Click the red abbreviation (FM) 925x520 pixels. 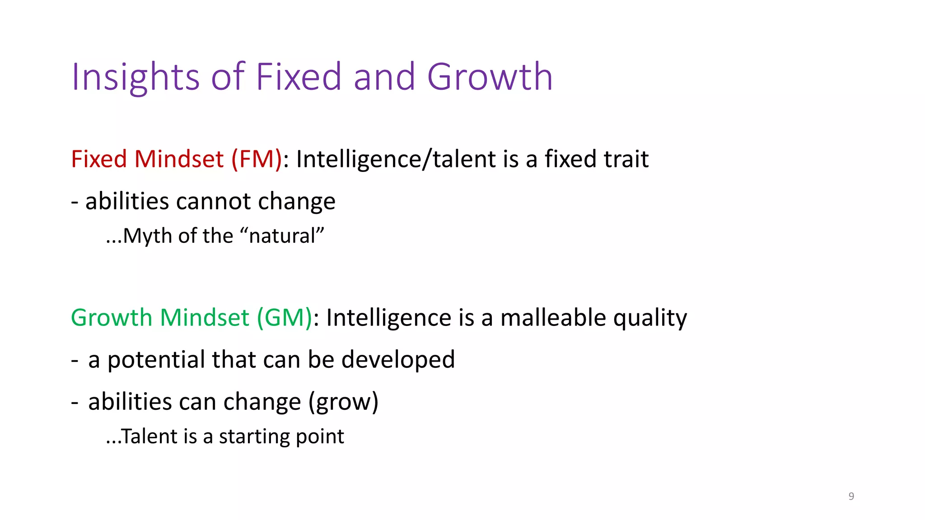257,159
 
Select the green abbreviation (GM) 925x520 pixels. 285,318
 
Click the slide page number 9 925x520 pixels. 851,496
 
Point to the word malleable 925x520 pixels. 553,318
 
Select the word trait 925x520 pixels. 626,159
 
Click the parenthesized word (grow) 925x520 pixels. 343,402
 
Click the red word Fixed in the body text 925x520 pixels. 99,159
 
